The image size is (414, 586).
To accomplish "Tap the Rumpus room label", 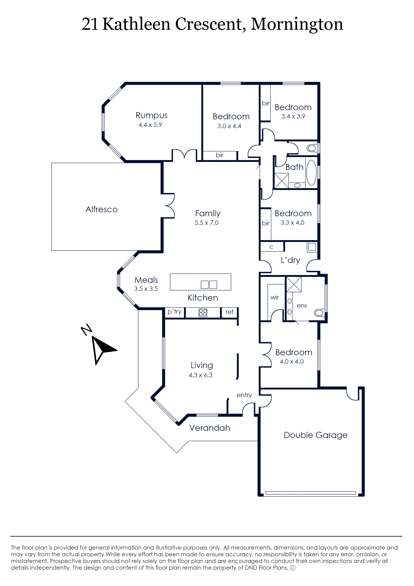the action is pos(151,115).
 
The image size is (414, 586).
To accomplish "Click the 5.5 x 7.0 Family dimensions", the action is pos(206,223).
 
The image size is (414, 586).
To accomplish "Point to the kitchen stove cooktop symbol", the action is pos(203,313).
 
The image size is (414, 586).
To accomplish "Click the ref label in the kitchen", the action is pos(229,312).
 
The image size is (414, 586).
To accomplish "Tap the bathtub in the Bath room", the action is pos(311,173).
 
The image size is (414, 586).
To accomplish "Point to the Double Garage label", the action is pos(316,435).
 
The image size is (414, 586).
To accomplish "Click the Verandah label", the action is pos(210,428).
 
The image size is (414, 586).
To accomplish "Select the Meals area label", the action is pos(146,280).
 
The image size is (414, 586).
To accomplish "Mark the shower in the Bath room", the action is pos(281,181).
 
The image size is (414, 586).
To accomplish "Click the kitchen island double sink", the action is pos(209,285).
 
